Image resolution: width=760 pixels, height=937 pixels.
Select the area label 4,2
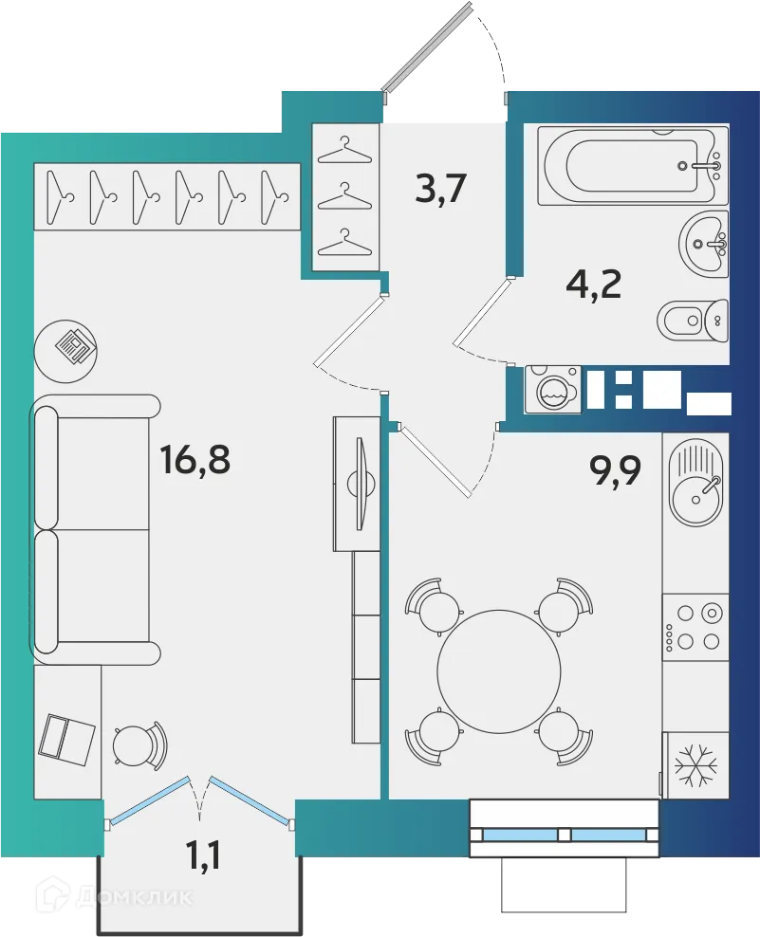593,283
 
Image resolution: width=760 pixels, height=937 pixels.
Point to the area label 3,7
441,190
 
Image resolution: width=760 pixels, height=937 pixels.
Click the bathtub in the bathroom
631,165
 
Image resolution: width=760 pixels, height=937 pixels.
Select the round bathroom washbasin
703,245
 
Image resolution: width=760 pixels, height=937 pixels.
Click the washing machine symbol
551,390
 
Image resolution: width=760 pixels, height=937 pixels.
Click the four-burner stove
695,627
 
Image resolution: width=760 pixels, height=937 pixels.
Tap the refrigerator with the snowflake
695,763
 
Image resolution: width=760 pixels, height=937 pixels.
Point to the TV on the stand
359,483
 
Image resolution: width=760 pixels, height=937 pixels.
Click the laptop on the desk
66,738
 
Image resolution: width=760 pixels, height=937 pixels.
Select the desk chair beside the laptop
139,744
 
